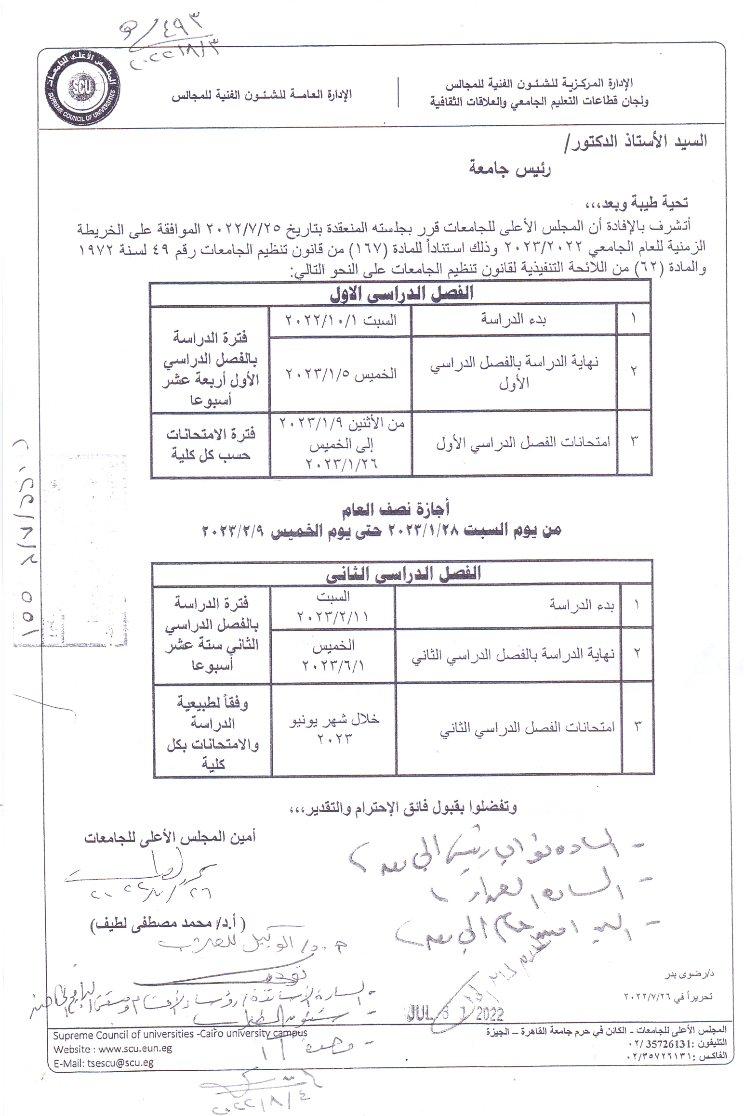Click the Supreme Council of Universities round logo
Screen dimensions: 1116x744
point(82,87)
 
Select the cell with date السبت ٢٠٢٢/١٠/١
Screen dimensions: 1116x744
point(341,320)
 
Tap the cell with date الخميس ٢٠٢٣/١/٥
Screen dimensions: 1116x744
point(341,374)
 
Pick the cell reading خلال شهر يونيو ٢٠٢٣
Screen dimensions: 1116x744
point(334,729)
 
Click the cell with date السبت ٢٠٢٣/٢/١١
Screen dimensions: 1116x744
point(332,607)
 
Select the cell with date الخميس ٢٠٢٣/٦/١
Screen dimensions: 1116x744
point(332,655)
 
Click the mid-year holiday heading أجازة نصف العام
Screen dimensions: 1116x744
point(396,509)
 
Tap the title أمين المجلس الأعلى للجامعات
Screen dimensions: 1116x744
point(170,838)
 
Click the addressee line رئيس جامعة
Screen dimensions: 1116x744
point(510,169)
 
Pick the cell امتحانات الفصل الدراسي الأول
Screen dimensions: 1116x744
point(523,442)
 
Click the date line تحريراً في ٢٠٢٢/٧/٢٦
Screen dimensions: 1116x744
point(668,996)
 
